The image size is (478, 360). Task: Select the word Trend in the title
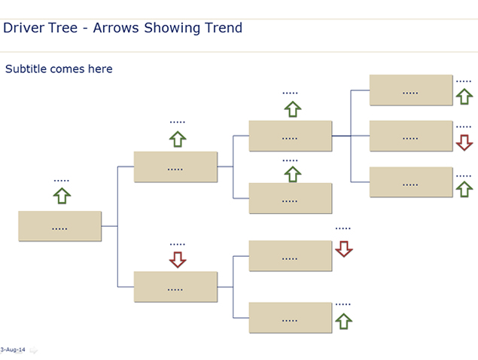[x=224, y=28]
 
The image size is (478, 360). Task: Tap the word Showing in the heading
[x=172, y=29]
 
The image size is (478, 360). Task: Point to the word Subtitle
[x=26, y=69]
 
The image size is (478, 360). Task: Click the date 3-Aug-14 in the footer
[x=13, y=349]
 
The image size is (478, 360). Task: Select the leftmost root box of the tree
[x=59, y=226]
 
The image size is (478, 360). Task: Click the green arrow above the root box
[x=62, y=196]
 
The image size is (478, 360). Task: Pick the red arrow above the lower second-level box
[x=178, y=260]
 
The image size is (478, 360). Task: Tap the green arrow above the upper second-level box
[x=178, y=139]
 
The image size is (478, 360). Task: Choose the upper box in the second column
[x=175, y=167]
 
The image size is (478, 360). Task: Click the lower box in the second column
[x=175, y=287]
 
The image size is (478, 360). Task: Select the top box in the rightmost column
[x=411, y=90]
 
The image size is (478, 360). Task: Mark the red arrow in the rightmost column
[x=464, y=142]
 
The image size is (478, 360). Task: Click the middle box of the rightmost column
[x=411, y=136]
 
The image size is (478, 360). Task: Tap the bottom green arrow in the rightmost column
[x=464, y=189]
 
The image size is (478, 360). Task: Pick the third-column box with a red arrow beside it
[x=291, y=255]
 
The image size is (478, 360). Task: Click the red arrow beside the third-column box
[x=344, y=249]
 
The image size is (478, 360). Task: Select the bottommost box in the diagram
[x=291, y=318]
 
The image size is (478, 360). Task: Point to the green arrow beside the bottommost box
[x=343, y=322]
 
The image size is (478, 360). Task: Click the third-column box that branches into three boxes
[x=291, y=136]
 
